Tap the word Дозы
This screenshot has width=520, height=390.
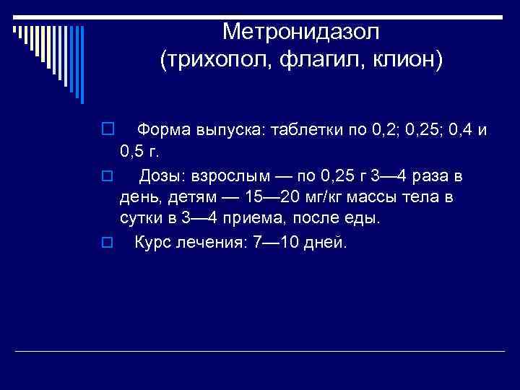165,175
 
